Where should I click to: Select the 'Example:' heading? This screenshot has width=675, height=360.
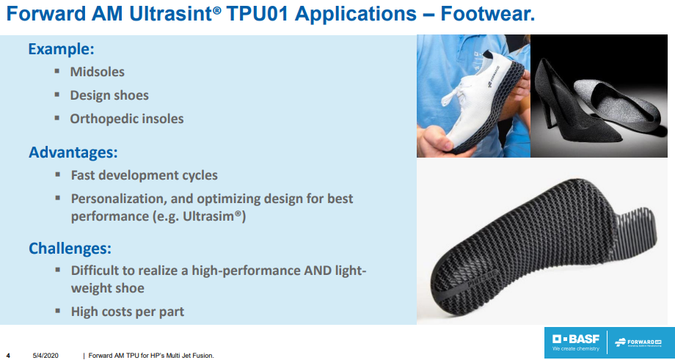[62, 50]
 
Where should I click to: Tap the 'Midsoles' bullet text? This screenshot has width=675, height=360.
[97, 72]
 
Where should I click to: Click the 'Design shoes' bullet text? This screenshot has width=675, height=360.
[109, 95]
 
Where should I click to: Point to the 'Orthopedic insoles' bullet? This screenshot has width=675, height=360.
[126, 118]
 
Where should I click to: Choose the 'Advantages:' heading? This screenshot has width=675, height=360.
[73, 153]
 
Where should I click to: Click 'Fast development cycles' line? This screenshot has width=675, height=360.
[144, 175]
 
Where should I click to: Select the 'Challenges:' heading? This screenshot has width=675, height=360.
[70, 248]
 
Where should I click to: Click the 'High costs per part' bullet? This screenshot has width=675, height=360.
[127, 312]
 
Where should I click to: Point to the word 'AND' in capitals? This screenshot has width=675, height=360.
[318, 270]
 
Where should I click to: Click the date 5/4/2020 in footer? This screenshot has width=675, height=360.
[45, 356]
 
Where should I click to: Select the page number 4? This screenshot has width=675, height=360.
[8, 356]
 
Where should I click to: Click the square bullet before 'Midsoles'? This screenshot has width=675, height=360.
[57, 71]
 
